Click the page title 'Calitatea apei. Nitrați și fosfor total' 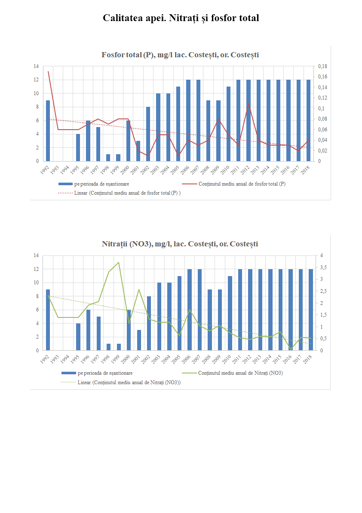[181, 18]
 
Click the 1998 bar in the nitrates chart [109, 347]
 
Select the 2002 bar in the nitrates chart [149, 323]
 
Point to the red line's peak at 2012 [248, 103]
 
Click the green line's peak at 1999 [119, 262]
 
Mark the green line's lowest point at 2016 [291, 349]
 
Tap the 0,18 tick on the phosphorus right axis [322, 66]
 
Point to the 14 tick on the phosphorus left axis [36, 66]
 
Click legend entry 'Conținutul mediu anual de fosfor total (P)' [242, 184]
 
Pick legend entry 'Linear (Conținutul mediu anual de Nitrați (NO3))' [129, 382]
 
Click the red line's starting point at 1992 [48, 72]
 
